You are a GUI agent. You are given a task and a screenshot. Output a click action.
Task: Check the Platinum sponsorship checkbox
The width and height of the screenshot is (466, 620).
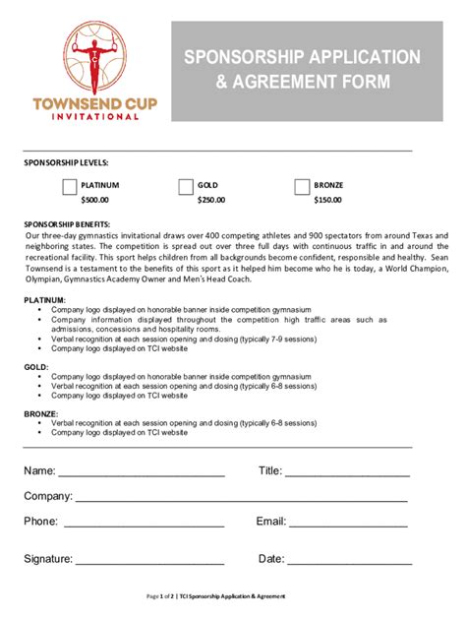pos(70,187)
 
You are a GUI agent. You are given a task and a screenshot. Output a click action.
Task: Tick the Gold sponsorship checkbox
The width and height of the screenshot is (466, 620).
pos(186,187)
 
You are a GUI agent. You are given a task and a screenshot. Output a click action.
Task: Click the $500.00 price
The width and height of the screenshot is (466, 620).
pos(94,200)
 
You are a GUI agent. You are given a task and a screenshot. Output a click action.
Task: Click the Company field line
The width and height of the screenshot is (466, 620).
pos(241,499)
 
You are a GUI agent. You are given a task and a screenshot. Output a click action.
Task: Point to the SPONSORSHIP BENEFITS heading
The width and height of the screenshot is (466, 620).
pos(68,224)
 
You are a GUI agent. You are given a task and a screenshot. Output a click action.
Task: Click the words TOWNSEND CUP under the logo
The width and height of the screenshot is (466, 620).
pos(94,103)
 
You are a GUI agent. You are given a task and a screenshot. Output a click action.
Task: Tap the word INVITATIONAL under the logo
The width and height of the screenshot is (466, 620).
pos(94,116)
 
